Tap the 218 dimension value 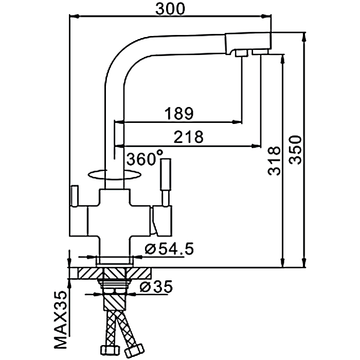[189, 137]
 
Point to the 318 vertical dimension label [274, 161]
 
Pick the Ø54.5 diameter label [169, 250]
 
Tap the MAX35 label [62, 319]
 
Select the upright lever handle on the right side [167, 177]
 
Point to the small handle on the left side [74, 198]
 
